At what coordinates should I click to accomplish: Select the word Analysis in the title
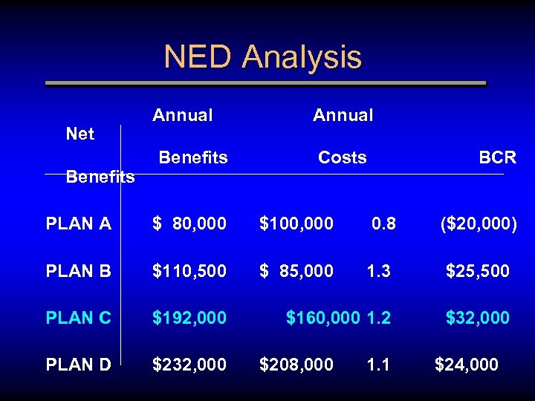point(302,57)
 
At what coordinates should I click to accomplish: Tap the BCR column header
point(497,157)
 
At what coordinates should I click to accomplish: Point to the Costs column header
point(342,157)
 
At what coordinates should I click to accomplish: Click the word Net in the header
point(80,134)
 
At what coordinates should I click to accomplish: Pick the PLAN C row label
point(78,318)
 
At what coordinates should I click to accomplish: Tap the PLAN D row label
point(78,365)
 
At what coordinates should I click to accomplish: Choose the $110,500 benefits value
point(189,272)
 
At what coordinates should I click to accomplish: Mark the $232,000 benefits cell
point(189,365)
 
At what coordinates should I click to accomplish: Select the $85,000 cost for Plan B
point(296,272)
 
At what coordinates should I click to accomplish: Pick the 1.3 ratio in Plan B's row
point(378,272)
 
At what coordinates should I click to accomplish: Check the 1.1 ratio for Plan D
point(378,365)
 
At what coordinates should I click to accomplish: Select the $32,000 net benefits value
point(477,318)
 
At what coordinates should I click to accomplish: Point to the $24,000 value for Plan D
point(466,365)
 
